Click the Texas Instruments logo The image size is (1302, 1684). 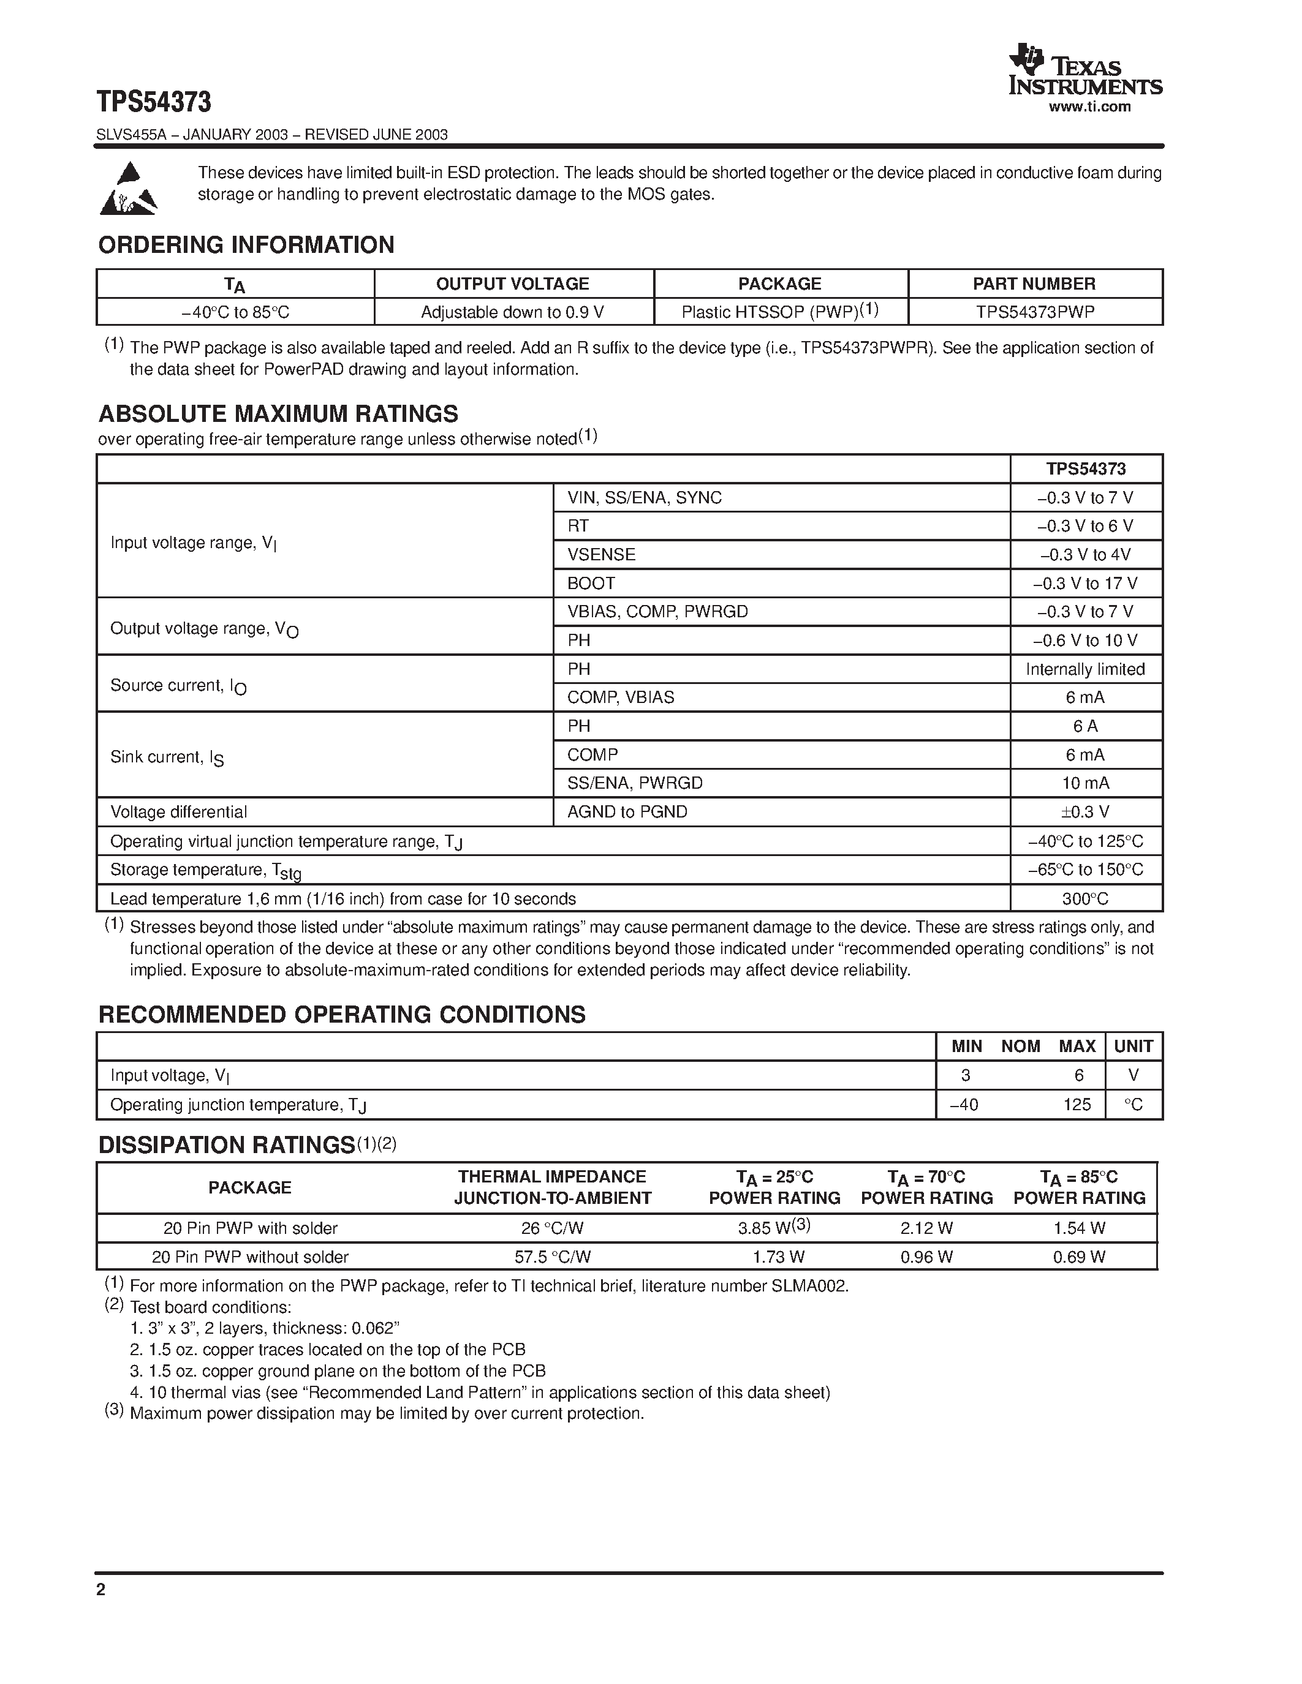[x=1084, y=70]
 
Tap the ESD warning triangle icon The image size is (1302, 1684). [x=128, y=189]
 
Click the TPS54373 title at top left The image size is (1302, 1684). [x=154, y=102]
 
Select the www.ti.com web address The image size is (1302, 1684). [x=1089, y=107]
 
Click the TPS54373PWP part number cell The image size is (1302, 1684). [x=1034, y=312]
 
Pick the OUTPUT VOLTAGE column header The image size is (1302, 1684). [x=512, y=284]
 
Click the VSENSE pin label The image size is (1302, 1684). [x=601, y=554]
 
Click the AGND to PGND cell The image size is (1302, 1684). [x=626, y=812]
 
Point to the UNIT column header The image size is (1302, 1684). [x=1133, y=1047]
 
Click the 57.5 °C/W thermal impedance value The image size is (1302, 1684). [x=552, y=1257]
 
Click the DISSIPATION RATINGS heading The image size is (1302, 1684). [x=226, y=1145]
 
